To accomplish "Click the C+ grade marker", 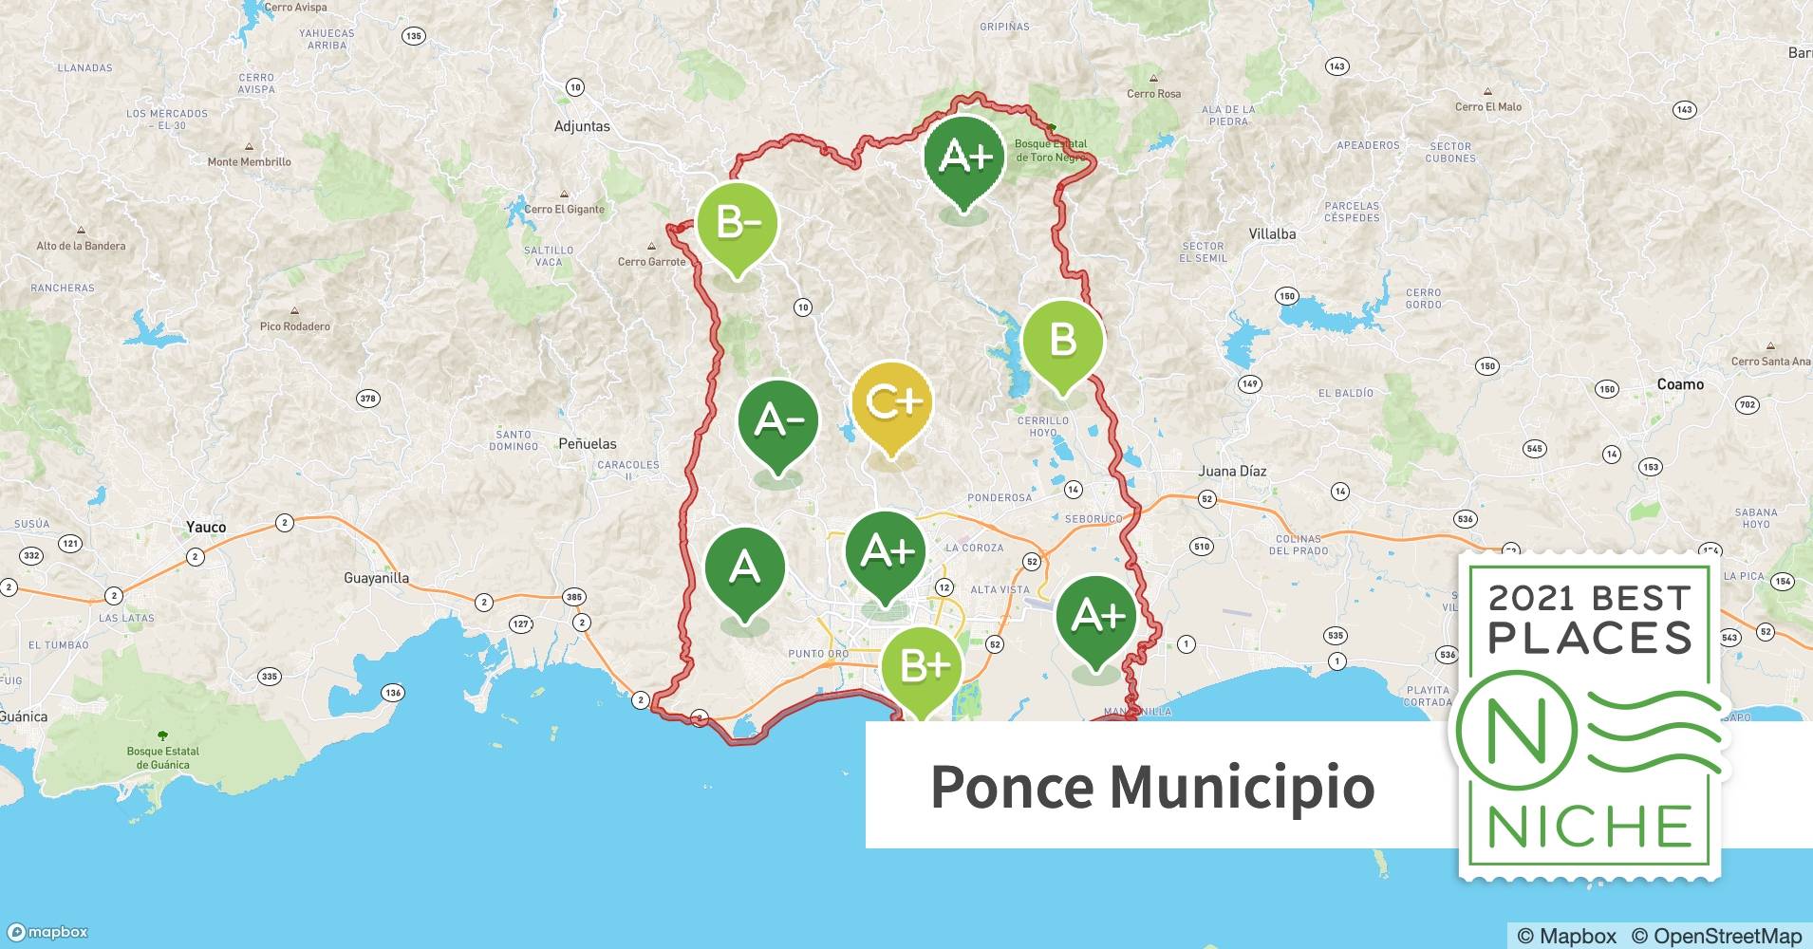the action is (891, 403).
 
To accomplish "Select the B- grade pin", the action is (738, 224).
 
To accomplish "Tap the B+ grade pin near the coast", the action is (921, 667).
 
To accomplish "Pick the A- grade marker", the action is (778, 420).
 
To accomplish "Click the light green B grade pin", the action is (1062, 340).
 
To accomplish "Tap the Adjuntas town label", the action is (582, 126).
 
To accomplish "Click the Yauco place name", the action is (206, 528).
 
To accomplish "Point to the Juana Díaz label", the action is (1231, 471).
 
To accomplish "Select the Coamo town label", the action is (1680, 384).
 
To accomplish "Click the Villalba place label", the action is (1272, 233).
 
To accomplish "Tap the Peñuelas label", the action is (587, 443).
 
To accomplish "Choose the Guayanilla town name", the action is (376, 578).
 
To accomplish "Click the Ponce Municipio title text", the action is (1151, 787).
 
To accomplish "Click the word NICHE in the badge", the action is (1589, 827).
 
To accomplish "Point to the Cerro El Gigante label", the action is (565, 210).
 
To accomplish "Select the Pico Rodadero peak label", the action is (294, 326).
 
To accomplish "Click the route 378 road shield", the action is (368, 399).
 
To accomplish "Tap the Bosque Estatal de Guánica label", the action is (162, 757).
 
